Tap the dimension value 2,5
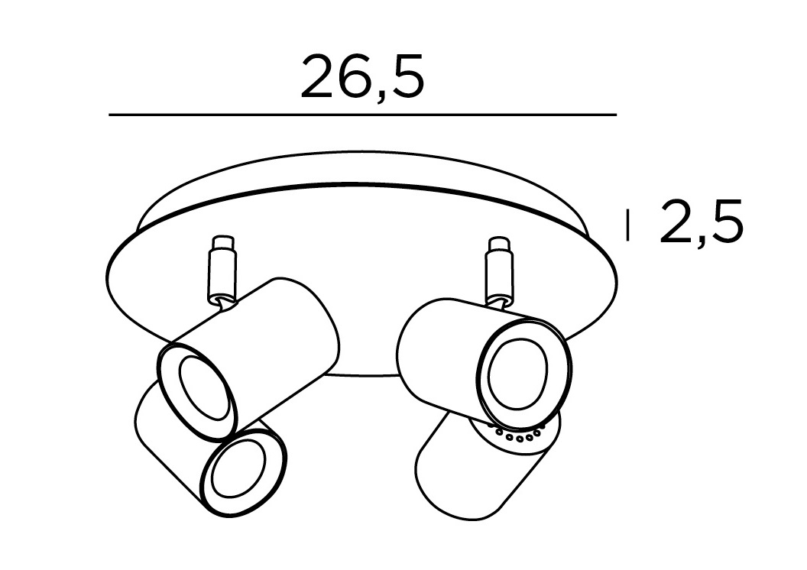(702, 222)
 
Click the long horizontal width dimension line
(363, 115)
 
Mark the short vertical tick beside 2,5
(627, 225)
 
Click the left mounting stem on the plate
(222, 269)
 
